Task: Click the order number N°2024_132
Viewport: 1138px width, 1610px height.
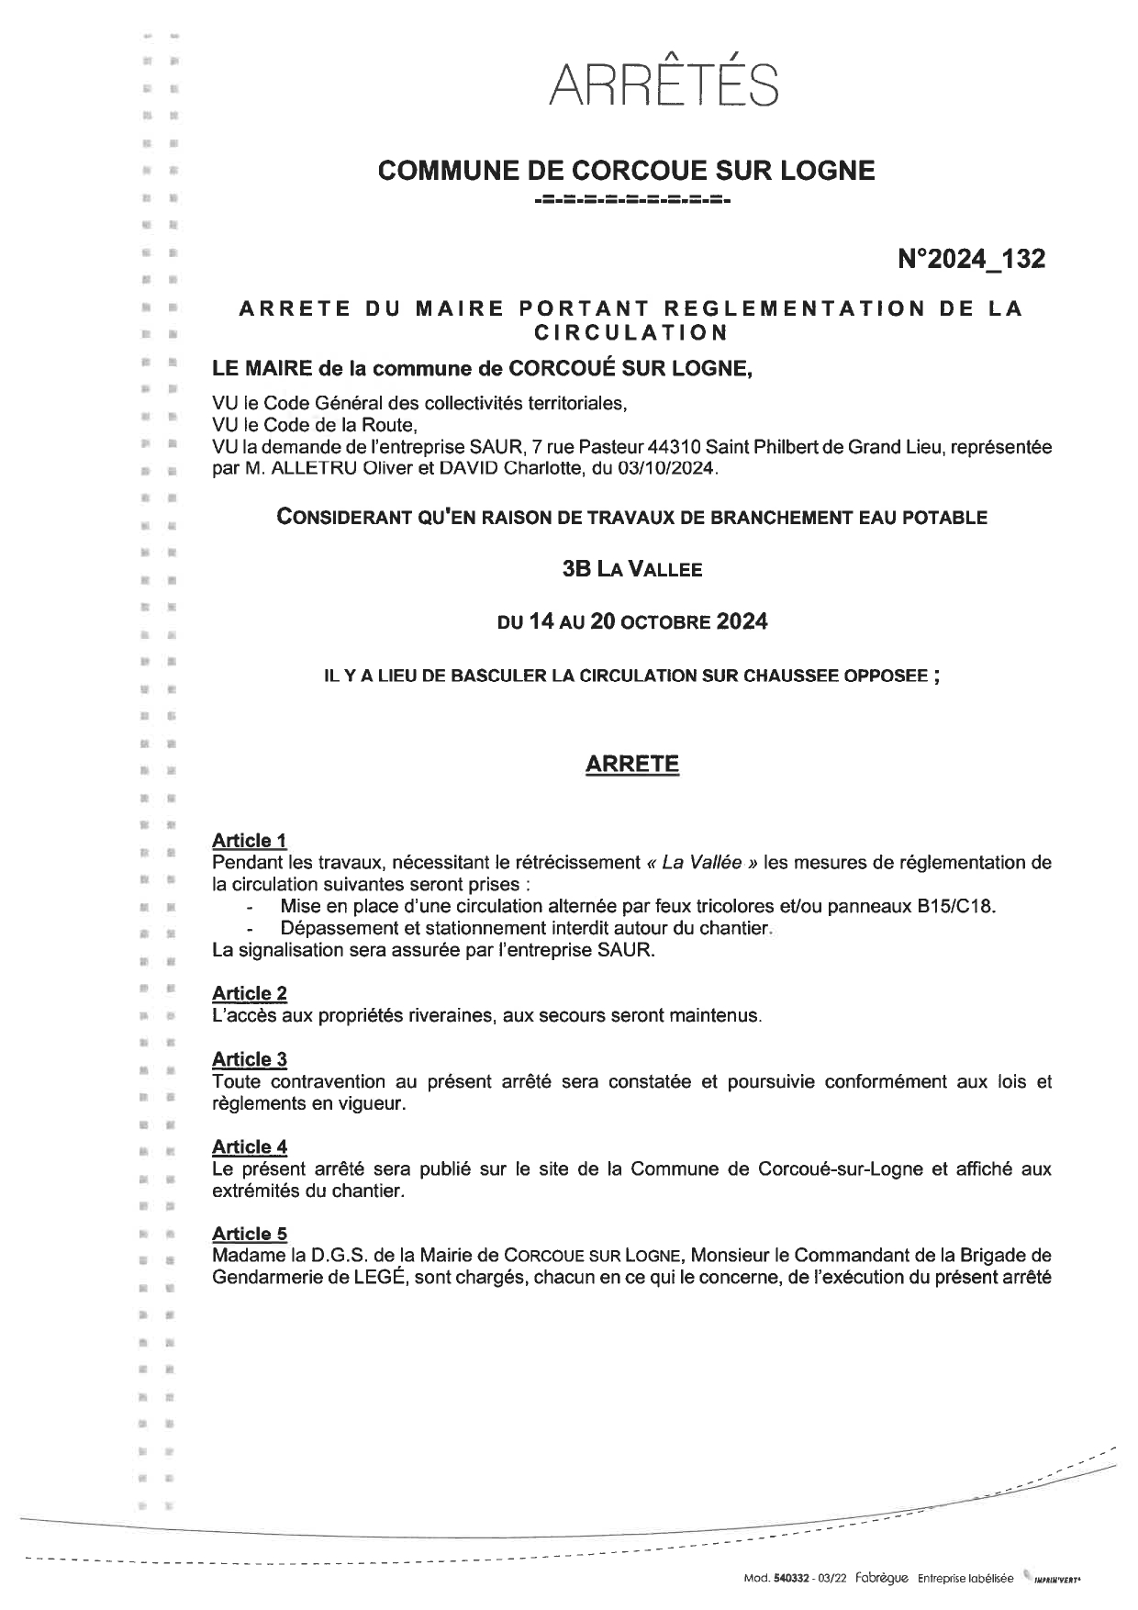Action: pyautogui.click(x=971, y=260)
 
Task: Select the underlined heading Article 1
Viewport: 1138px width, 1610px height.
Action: pyautogui.click(x=249, y=840)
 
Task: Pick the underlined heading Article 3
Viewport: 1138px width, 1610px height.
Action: pyautogui.click(x=249, y=1059)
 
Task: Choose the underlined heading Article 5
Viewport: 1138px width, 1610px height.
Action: pyautogui.click(x=249, y=1234)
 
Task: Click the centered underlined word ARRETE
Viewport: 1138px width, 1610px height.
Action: pyautogui.click(x=631, y=765)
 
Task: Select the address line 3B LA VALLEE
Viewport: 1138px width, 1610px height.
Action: pyautogui.click(x=631, y=569)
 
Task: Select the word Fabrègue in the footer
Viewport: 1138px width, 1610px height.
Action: pyautogui.click(x=880, y=1579)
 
